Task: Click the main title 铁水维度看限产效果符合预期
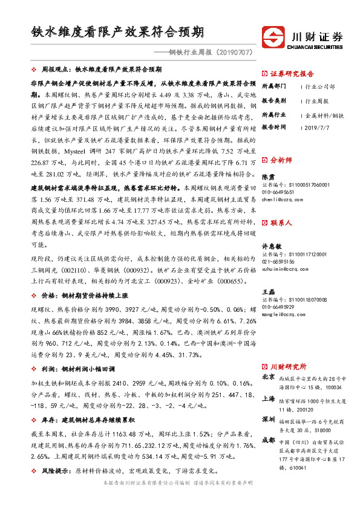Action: coord(117,31)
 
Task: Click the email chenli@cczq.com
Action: coord(279,198)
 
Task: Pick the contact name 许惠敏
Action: coord(272,246)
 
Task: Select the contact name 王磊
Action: coord(268,291)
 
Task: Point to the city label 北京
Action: coord(268,377)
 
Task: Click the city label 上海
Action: coord(268,399)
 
